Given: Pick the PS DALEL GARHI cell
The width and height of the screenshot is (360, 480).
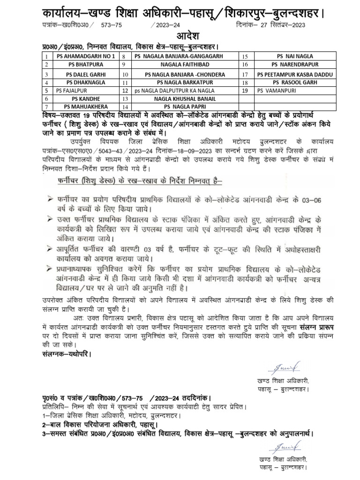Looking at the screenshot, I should click(81, 75).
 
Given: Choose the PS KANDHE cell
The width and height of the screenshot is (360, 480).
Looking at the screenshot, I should click(81, 99).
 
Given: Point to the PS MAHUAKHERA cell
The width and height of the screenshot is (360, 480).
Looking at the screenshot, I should click(81, 106).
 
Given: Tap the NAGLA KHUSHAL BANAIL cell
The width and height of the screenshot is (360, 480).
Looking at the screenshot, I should click(185, 99).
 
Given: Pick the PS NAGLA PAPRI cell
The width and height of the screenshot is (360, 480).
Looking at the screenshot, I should click(185, 106).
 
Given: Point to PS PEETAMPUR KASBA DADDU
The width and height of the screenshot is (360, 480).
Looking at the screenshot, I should click(288, 75).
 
